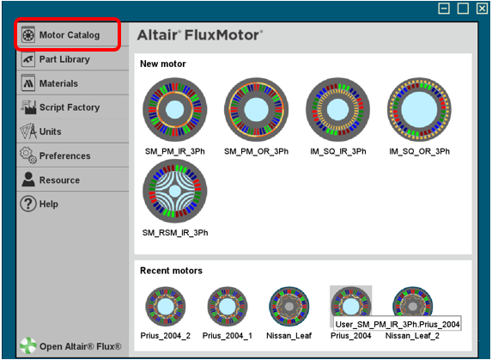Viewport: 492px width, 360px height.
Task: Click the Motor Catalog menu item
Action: [x=70, y=34]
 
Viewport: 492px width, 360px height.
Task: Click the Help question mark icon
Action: [x=28, y=204]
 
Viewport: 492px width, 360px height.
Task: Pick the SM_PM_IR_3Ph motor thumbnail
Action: [x=175, y=110]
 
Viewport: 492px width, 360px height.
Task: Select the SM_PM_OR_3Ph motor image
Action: [x=257, y=110]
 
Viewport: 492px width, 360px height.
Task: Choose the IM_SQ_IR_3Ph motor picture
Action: [x=338, y=110]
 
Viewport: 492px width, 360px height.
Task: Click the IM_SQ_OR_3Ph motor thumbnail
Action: [x=420, y=110]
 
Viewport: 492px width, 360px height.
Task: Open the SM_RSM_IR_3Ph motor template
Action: [x=175, y=191]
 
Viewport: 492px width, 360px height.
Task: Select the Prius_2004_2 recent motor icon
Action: [x=166, y=307]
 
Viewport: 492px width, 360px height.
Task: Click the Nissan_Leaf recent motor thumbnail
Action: [x=289, y=307]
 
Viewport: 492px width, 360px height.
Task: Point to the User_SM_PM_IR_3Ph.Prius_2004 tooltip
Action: [x=398, y=324]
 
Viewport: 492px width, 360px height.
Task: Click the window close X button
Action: [x=482, y=8]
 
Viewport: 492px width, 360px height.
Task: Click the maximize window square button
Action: [x=463, y=8]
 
